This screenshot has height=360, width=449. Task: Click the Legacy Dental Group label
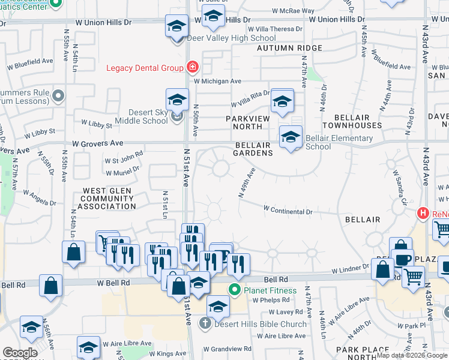145,68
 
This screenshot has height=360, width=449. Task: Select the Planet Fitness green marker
235,291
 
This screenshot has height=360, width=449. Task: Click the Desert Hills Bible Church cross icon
205,324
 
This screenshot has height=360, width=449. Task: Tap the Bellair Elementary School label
339,142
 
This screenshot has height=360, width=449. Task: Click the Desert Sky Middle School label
139,116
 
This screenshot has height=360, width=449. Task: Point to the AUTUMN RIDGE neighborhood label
290,47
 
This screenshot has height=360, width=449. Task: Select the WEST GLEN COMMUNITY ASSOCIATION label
108,198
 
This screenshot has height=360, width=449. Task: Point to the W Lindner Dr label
349,269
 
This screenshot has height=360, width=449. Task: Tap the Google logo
20,353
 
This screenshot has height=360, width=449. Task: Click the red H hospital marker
423,213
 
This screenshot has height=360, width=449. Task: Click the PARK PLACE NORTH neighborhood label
363,353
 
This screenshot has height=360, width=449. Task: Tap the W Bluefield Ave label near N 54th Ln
30,61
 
